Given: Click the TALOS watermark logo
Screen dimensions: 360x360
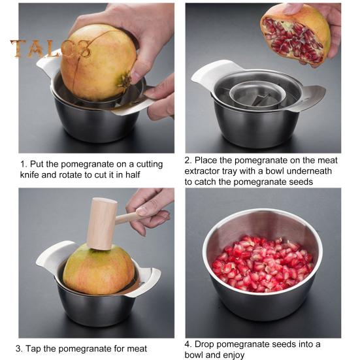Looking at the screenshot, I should click(50, 49).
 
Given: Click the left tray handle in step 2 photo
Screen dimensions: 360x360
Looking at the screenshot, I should click(205, 73).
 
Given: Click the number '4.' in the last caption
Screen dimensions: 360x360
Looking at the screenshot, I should click(188, 344).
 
